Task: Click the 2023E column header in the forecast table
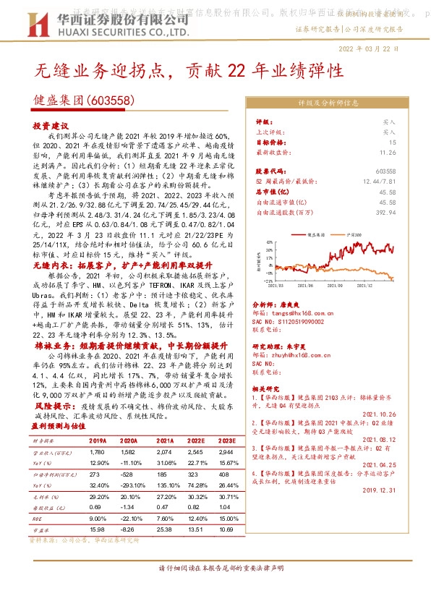click(x=226, y=440)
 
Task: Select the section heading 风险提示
click(x=50, y=408)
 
